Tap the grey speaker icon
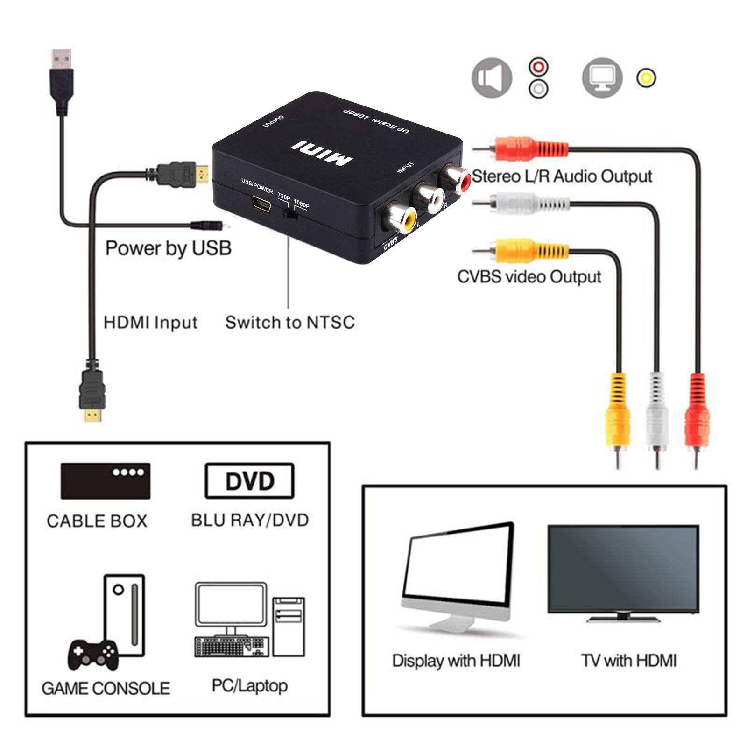[491, 78]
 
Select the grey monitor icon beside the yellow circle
[602, 78]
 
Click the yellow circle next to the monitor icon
[646, 78]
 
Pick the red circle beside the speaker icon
[538, 67]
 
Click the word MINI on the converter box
[322, 153]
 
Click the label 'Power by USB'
[168, 248]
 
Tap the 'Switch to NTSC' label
[290, 323]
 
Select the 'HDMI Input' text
[150, 323]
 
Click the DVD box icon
[249, 481]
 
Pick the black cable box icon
[106, 481]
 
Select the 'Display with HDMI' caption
[456, 661]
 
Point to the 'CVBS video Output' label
[529, 277]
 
